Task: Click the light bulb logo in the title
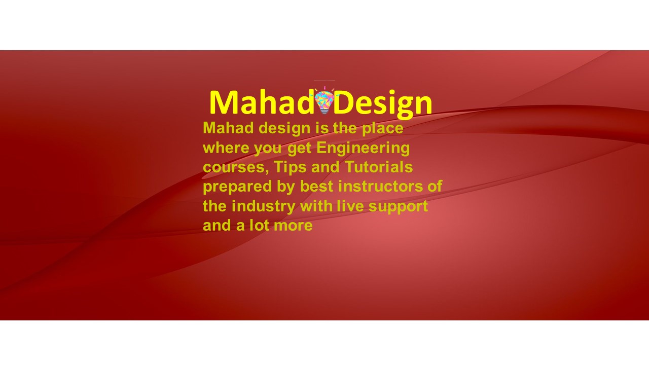coord(324,100)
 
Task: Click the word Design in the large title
coord(383,104)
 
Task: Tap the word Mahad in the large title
coord(261,102)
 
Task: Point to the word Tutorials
coord(379,167)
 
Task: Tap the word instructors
coord(380,186)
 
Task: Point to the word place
coord(382,129)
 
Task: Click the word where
coord(226,148)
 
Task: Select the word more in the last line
coord(293,226)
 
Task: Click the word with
coord(316,206)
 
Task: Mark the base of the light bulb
coord(324,111)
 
